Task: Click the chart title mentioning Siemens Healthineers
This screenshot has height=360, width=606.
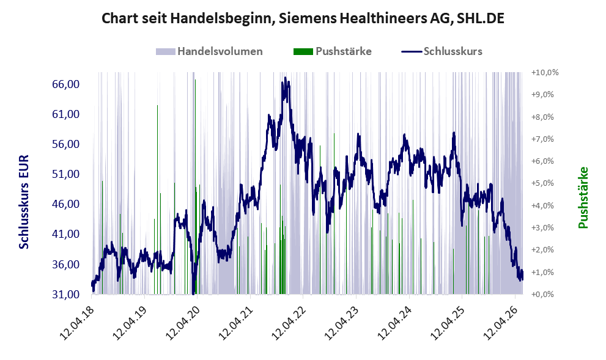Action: [x=303, y=18]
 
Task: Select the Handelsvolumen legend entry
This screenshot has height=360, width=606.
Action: [x=209, y=51]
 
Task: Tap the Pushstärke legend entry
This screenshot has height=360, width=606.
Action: [x=333, y=51]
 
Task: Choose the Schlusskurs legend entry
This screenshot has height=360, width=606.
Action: [x=442, y=51]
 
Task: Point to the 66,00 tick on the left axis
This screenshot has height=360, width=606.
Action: [x=65, y=84]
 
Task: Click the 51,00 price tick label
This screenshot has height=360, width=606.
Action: [x=65, y=174]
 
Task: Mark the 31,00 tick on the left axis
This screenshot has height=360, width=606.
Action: [x=65, y=295]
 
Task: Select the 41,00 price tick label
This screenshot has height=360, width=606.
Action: [x=65, y=234]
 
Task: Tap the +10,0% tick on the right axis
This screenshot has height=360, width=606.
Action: [x=545, y=73]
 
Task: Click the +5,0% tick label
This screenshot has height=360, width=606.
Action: [x=542, y=183]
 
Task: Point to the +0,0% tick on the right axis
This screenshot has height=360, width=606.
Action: [x=542, y=295]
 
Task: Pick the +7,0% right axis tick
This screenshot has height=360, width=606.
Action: [x=542, y=139]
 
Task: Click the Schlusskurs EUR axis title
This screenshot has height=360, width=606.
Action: [x=24, y=202]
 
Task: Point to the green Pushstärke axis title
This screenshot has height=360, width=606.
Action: [x=583, y=197]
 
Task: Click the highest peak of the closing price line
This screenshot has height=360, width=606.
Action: [x=285, y=78]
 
